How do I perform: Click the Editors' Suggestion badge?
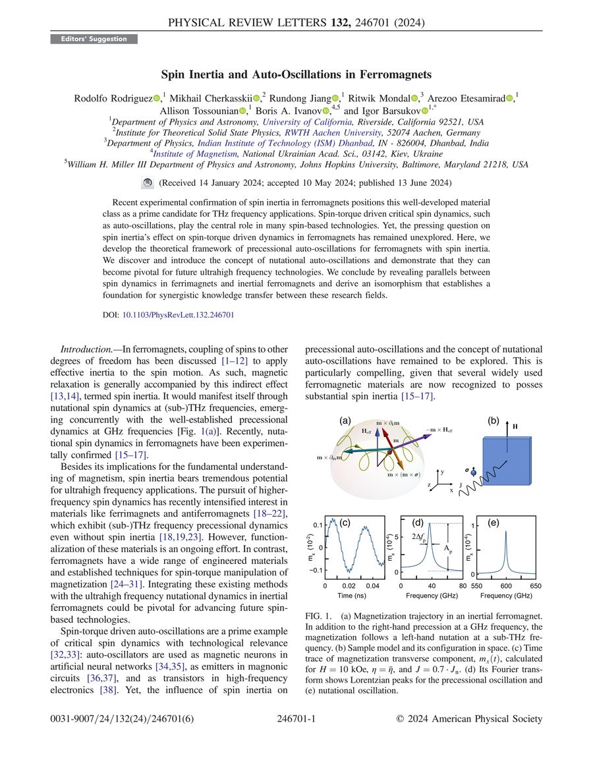[x=94, y=39]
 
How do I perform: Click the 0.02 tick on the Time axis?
[x=349, y=585]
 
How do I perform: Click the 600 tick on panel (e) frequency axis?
[x=506, y=585]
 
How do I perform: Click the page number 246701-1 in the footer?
[x=296, y=719]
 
